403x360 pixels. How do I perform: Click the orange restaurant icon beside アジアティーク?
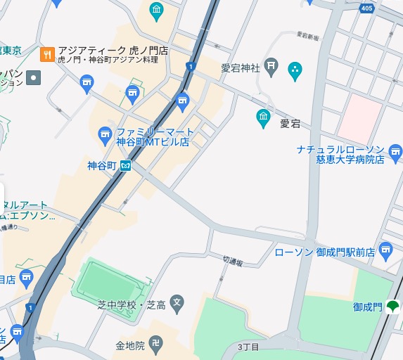pos(48,54)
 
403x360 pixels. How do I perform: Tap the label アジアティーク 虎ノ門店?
pos(113,51)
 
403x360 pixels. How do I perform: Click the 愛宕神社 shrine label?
pos(241,68)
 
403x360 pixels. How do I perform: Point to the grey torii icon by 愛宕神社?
pos(274,68)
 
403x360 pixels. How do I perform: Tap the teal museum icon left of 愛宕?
pos(263,117)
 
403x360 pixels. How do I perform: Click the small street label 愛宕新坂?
pos(307,34)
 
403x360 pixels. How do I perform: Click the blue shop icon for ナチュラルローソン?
pos(395,152)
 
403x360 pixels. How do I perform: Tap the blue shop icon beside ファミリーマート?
pos(105,133)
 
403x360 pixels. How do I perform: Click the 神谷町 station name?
pos(101,166)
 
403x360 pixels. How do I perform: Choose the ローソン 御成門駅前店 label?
pos(324,251)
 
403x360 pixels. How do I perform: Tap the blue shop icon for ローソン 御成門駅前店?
pos(385,250)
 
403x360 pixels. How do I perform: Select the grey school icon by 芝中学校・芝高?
pos(177,304)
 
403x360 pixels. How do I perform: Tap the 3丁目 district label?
pos(248,347)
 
